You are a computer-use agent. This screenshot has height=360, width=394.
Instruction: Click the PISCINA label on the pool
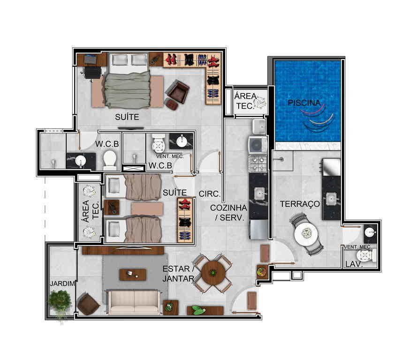point(304,103)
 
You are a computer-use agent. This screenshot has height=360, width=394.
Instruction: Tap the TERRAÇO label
point(300,204)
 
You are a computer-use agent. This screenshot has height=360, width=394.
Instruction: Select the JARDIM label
point(62,284)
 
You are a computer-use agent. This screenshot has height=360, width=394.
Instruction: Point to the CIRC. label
point(210,194)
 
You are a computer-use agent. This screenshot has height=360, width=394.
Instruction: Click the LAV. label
point(354,264)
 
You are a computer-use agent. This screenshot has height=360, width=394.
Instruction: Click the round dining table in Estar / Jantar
point(213,273)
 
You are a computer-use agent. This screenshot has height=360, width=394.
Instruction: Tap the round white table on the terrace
point(306,234)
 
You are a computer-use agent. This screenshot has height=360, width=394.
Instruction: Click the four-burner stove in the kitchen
point(258,164)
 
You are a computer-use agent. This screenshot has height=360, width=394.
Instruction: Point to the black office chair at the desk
point(92,73)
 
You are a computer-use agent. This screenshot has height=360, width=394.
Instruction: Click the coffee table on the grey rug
point(133,275)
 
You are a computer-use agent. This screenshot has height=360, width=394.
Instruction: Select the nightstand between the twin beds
point(112,207)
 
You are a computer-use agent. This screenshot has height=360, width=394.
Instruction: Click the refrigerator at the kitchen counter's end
point(258,230)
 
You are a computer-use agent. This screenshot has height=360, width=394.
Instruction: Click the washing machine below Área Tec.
point(258,145)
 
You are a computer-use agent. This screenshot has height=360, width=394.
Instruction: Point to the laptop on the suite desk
point(90,59)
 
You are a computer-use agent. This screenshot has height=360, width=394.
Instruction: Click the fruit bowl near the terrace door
point(262,271)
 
